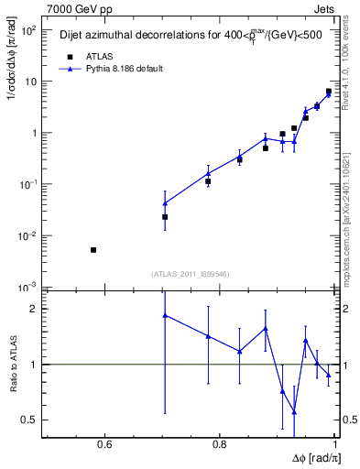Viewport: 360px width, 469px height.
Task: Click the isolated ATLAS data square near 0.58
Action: (x=93, y=249)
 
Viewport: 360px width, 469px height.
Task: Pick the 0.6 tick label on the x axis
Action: (x=104, y=446)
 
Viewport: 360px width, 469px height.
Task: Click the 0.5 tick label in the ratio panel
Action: (x=29, y=420)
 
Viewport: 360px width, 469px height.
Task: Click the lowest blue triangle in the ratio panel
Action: (x=294, y=412)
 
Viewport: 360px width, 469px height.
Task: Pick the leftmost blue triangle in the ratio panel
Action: (x=165, y=315)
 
